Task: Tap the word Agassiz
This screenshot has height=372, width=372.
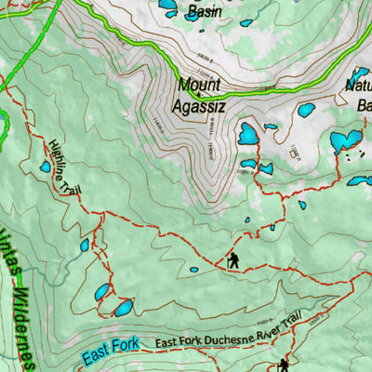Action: (198, 106)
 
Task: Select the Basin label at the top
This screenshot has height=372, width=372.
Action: (204, 12)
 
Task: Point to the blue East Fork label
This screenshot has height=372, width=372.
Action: (109, 349)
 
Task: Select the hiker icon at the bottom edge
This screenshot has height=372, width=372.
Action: (283, 365)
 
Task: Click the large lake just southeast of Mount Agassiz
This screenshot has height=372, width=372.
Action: (247, 135)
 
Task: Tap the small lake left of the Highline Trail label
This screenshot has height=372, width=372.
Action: (45, 167)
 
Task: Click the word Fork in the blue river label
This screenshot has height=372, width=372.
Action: (124, 346)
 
